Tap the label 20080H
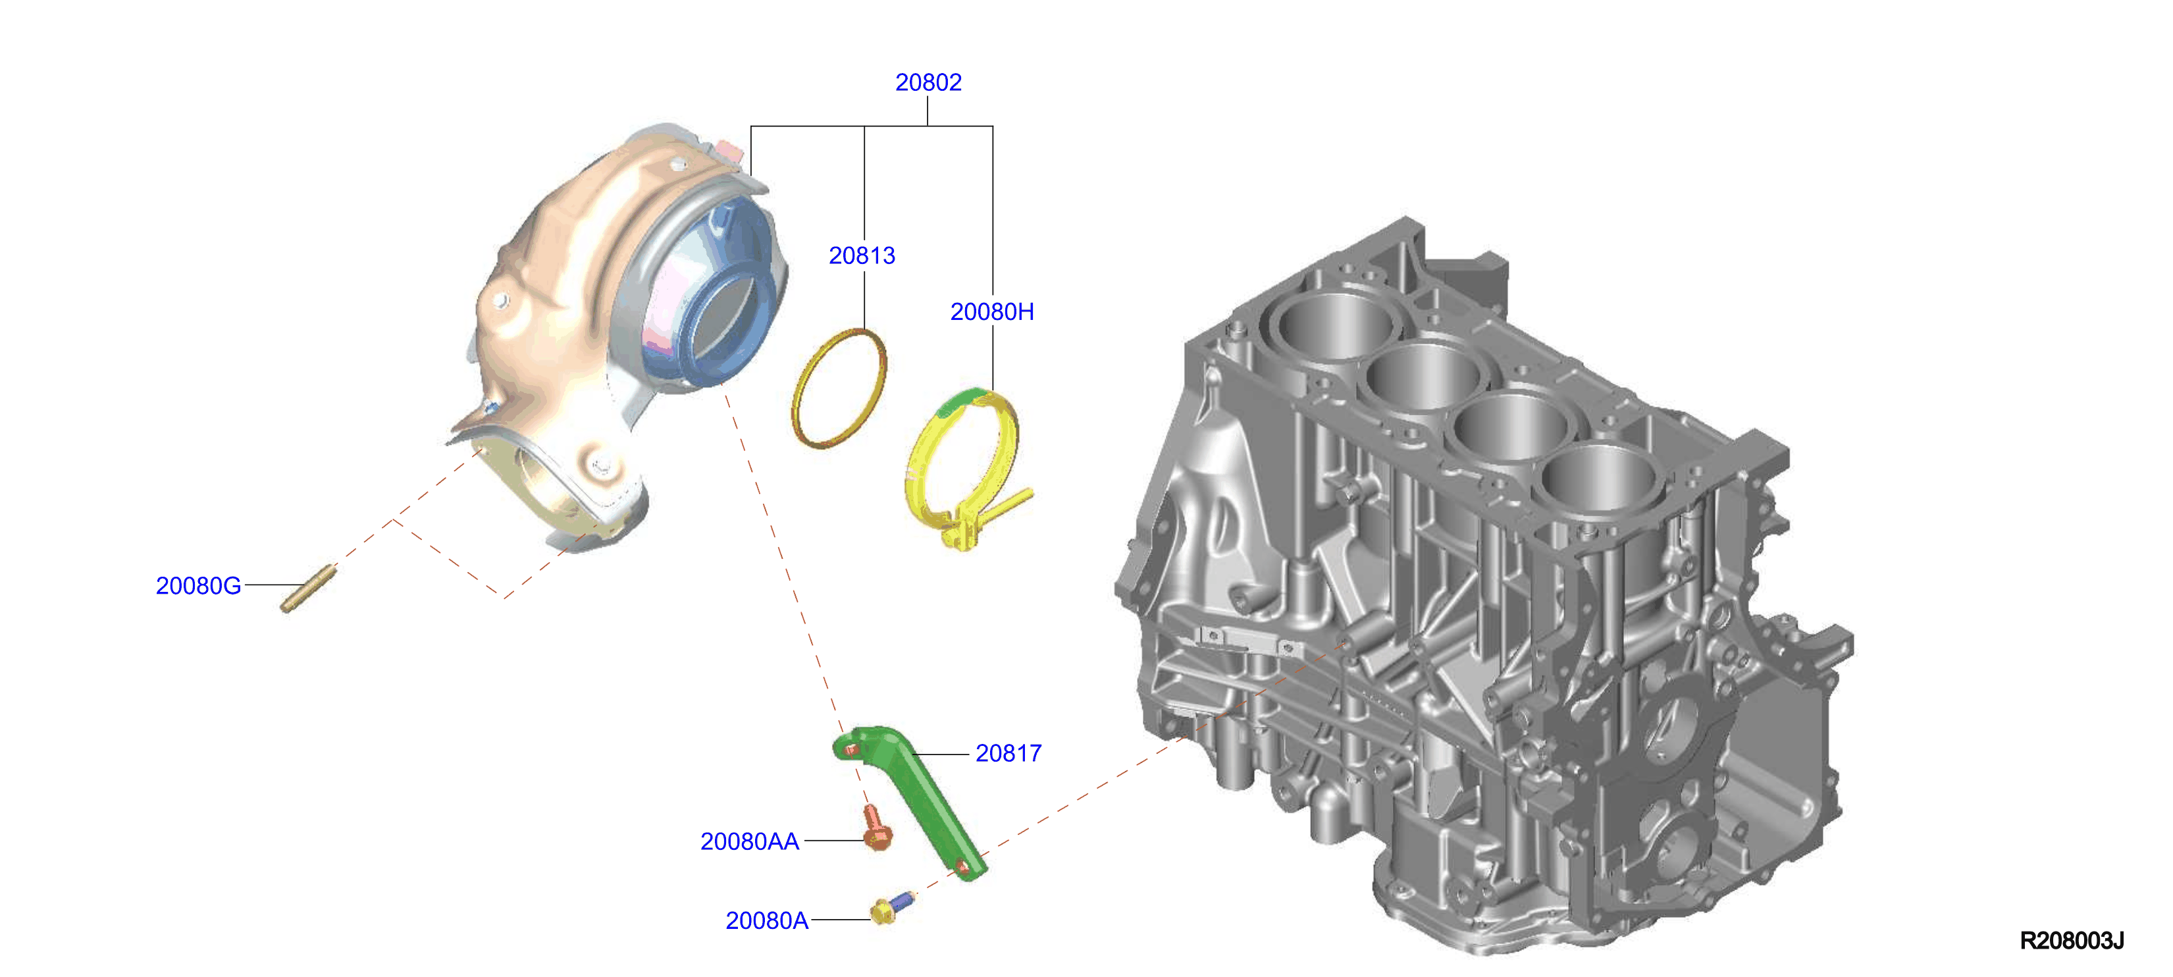pyautogui.click(x=992, y=311)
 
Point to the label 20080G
pyautogui.click(x=198, y=585)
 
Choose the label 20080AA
pyautogui.click(x=750, y=841)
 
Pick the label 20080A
pyautogui.click(x=767, y=920)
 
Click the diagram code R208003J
pyautogui.click(x=2072, y=941)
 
